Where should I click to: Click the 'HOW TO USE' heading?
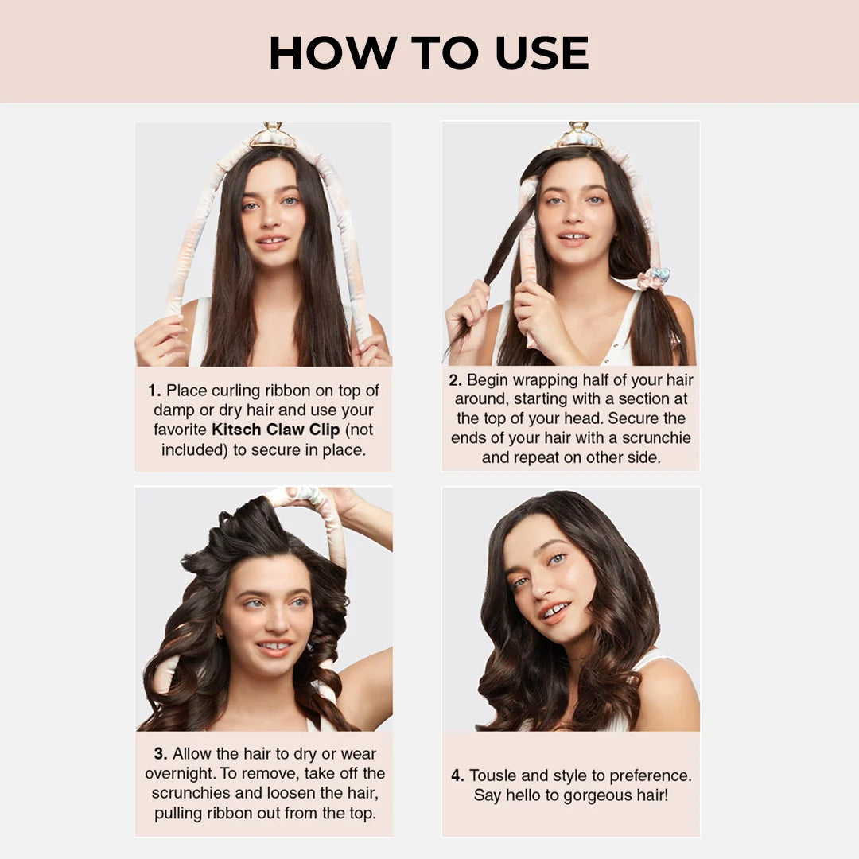(x=429, y=52)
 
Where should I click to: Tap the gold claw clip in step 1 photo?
(x=272, y=137)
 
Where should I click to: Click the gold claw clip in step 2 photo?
(x=579, y=136)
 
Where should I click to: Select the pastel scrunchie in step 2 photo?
(x=653, y=278)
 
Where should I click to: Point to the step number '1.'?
(x=155, y=391)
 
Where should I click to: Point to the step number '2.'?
(x=456, y=380)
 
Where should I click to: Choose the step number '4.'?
(x=458, y=775)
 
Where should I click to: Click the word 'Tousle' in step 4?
(x=496, y=775)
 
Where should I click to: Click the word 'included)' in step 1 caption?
(x=191, y=450)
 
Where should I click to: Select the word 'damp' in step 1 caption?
(x=173, y=410)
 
